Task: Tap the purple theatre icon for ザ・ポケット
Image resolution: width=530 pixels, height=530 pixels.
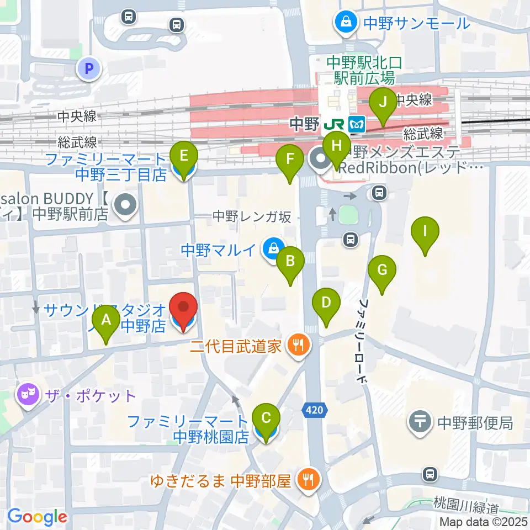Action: coord(26,395)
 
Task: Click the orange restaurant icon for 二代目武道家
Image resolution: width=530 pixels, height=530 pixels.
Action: coord(299,346)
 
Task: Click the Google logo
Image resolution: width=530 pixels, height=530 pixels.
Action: coord(37,517)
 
